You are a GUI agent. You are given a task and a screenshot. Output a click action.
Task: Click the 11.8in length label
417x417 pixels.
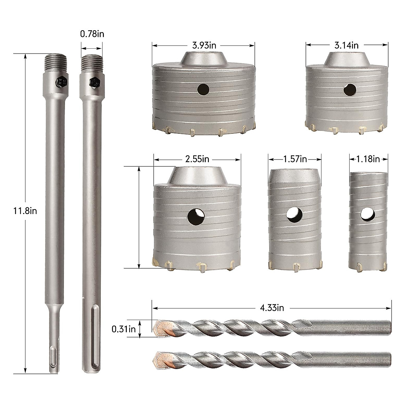pyautogui.click(x=24, y=210)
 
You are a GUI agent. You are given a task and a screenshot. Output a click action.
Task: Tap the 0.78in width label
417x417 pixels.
pyautogui.click(x=92, y=34)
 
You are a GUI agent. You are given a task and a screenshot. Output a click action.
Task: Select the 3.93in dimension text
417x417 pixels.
pyautogui.click(x=203, y=46)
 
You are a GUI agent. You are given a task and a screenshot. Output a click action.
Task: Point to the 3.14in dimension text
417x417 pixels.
pyautogui.click(x=346, y=45)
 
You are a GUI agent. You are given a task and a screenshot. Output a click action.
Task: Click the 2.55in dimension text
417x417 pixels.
pyautogui.click(x=197, y=159)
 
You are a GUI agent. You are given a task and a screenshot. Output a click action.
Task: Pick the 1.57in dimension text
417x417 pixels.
pyautogui.click(x=295, y=159)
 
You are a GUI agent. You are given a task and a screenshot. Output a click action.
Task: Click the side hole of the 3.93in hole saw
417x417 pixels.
pyautogui.click(x=203, y=90)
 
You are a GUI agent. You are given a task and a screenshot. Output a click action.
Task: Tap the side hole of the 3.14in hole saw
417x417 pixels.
pyautogui.click(x=350, y=90)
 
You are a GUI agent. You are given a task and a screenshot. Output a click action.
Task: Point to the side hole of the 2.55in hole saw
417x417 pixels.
pyautogui.click(x=195, y=217)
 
